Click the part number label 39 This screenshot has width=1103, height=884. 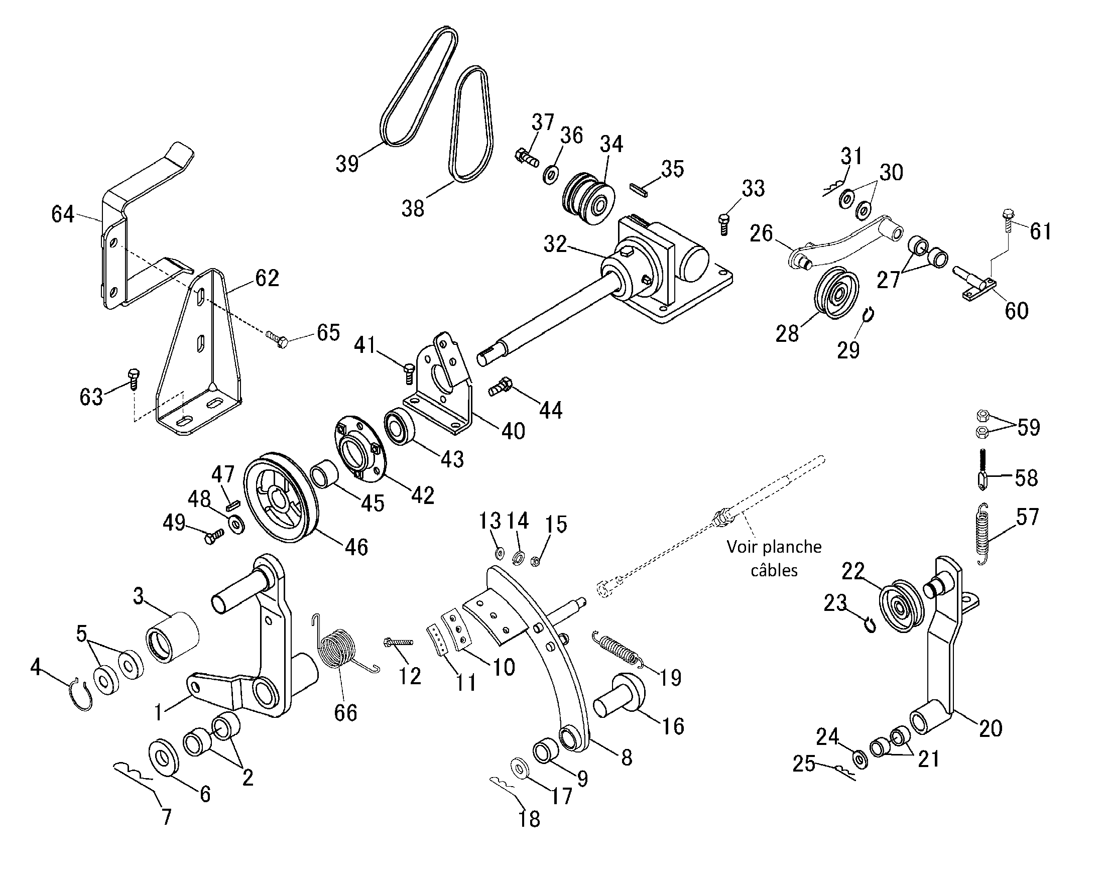pyautogui.click(x=347, y=164)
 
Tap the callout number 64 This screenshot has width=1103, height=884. pyautogui.click(x=63, y=214)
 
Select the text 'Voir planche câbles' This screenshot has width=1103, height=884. pyautogui.click(x=774, y=558)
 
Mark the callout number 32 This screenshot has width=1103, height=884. pyautogui.click(x=555, y=243)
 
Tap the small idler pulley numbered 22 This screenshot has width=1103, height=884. pyautogui.click(x=900, y=606)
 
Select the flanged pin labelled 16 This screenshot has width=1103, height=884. pyautogui.click(x=620, y=693)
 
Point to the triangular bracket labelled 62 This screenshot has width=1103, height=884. pyautogui.click(x=200, y=353)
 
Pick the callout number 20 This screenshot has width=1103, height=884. pyautogui.click(x=990, y=728)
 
